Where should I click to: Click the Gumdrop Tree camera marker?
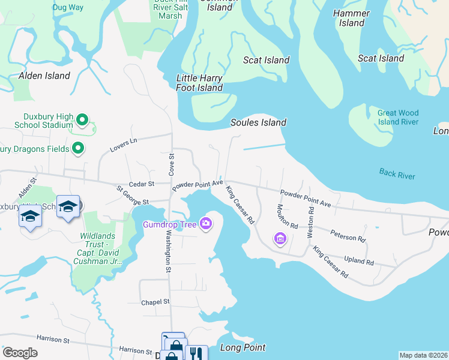coord(206,224)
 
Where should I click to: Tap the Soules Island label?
coord(258,122)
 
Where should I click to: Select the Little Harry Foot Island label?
coord(199,83)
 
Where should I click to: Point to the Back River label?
coord(397,174)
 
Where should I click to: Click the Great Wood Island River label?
coord(398,117)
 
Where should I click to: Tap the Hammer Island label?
coord(351,18)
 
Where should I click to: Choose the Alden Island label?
coord(44,76)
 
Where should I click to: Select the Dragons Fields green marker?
coord(78,148)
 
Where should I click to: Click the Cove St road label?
coord(171,163)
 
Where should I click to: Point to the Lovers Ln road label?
coord(124,143)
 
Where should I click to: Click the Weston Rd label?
coord(311,222)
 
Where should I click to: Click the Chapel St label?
coord(155,302)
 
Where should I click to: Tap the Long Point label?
coord(243,347)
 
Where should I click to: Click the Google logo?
coord(19,353)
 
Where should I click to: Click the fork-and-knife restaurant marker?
coord(196,353)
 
